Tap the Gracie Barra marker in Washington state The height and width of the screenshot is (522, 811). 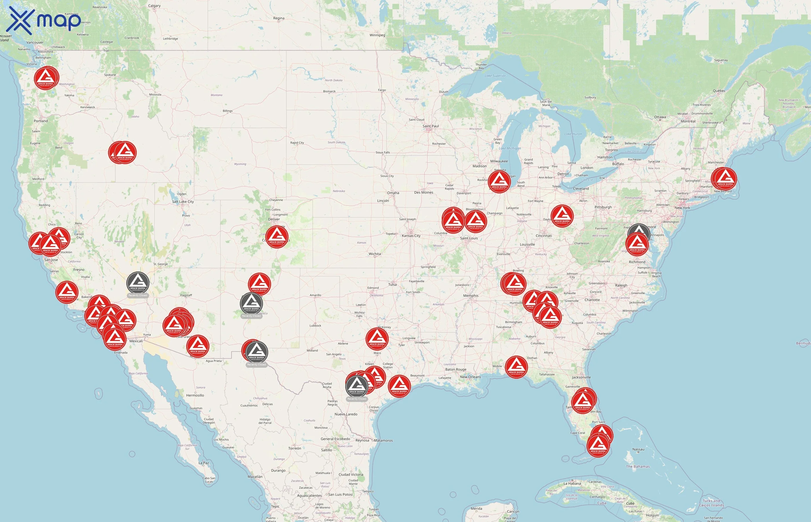pos(46,78)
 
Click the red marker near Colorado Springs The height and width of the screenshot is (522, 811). pos(277,237)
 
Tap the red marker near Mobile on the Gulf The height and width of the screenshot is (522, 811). pos(516,367)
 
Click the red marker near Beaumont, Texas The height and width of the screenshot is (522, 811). pos(399,386)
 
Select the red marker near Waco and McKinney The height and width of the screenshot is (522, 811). pos(377,339)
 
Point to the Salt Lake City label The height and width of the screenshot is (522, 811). pos(183,202)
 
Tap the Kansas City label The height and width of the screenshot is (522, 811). pos(411,235)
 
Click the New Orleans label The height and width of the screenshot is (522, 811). pos(470,377)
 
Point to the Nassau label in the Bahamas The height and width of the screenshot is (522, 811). pos(638,449)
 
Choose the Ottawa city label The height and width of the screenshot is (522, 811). pos(660,117)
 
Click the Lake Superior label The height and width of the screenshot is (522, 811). pos(495,76)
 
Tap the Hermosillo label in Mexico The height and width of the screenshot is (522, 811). pos(195,395)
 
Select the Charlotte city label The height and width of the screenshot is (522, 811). pos(592,300)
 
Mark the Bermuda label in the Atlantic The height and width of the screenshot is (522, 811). pos(803,343)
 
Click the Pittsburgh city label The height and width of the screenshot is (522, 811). pos(603,207)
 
